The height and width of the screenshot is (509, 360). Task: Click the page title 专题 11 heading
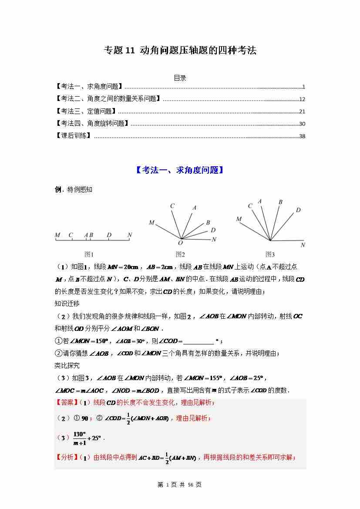(x=180, y=51)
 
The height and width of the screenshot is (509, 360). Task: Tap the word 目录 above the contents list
(x=180, y=78)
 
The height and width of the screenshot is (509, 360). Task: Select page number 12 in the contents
(x=302, y=99)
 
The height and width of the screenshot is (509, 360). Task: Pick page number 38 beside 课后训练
(x=302, y=136)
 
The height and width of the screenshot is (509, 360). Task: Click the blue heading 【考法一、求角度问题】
(x=180, y=170)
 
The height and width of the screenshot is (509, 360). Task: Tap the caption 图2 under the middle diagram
(x=180, y=254)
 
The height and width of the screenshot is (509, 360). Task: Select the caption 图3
(x=270, y=254)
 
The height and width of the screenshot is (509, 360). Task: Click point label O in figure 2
(x=180, y=243)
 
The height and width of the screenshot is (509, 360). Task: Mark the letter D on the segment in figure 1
(x=109, y=235)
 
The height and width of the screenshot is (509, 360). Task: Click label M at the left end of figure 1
(x=57, y=235)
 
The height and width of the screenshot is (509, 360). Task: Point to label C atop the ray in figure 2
(x=172, y=206)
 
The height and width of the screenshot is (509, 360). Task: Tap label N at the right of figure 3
(x=303, y=245)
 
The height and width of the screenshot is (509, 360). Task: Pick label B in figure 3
(x=280, y=202)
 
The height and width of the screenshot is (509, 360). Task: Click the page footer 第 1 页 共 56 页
(x=180, y=485)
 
